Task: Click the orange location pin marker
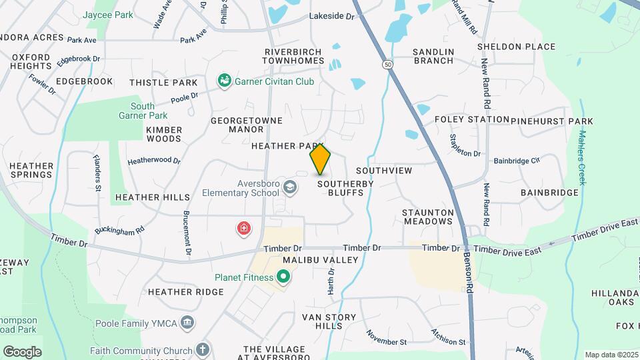pos(320,159)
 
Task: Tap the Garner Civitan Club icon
pos(225,81)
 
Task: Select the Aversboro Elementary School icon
pos(290,187)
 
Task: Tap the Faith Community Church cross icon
pos(203,349)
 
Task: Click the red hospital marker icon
pos(245,229)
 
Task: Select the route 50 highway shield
pos(387,64)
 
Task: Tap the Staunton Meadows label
pos(427,217)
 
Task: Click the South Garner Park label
pos(143,111)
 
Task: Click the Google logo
pos(22,352)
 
